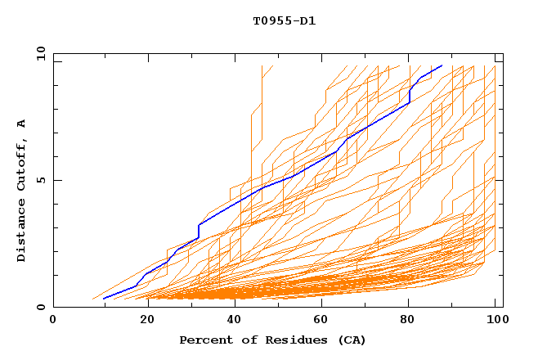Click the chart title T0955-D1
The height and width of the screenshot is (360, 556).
click(x=285, y=20)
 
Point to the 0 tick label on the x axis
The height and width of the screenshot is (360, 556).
click(x=53, y=320)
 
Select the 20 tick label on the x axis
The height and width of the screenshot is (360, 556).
click(x=142, y=320)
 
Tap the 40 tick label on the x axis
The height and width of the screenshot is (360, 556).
click(x=231, y=320)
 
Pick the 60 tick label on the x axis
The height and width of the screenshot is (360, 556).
click(x=321, y=320)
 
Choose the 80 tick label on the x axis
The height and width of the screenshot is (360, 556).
click(x=410, y=320)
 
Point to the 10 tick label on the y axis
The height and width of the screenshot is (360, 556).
click(x=39, y=53)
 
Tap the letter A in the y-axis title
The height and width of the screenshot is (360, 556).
click(x=21, y=124)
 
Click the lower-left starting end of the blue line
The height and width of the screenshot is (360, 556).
click(x=104, y=299)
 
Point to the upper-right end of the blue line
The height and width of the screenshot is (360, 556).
click(x=442, y=65)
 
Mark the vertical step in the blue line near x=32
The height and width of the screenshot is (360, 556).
click(x=199, y=232)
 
